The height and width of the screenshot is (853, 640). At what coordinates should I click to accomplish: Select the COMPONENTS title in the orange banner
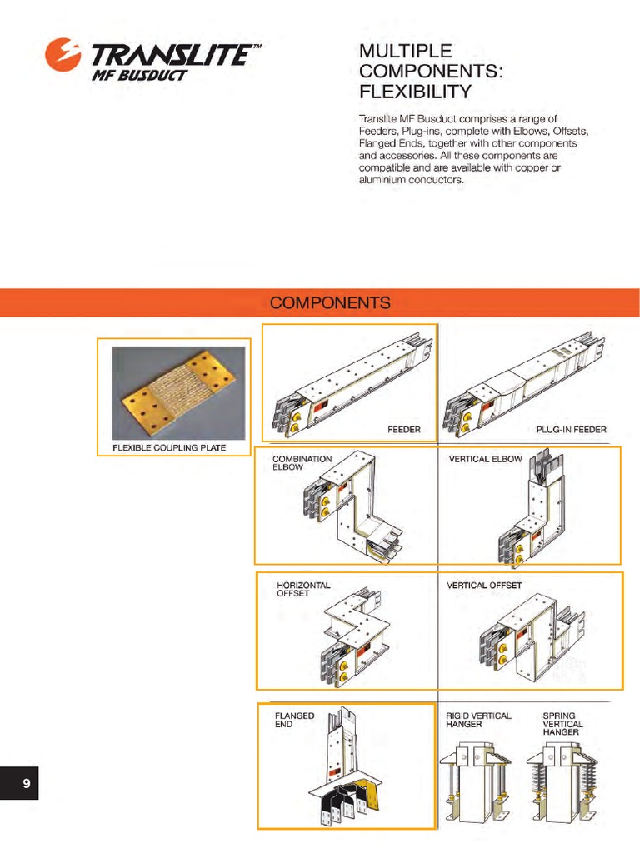pos(330,302)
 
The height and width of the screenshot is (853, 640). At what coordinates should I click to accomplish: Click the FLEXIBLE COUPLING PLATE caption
pos(169,449)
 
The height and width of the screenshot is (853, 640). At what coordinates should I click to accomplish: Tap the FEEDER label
pos(404,431)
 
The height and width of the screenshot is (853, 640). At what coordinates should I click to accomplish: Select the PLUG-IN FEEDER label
pos(572,431)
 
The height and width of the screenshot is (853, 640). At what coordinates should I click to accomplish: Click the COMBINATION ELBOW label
pos(302,463)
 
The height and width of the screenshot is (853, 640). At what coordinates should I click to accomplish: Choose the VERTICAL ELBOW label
pos(485,459)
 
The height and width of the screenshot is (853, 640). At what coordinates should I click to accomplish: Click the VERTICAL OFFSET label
pos(484,586)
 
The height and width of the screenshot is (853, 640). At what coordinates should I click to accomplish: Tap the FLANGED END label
pos(294,720)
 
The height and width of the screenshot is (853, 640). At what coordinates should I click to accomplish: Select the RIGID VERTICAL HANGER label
pos(478,720)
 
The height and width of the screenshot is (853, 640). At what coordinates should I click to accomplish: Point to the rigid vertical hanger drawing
pos(473,783)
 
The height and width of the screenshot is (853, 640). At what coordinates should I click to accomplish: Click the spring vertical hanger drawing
pos(561,783)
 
